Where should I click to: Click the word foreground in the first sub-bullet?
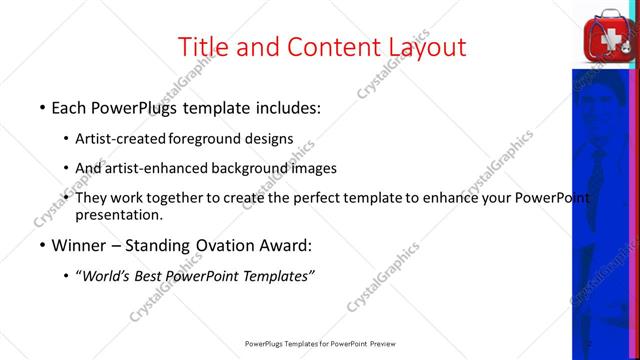coord(205,138)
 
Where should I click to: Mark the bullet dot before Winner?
coord(41,245)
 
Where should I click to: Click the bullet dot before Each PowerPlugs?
coord(41,107)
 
